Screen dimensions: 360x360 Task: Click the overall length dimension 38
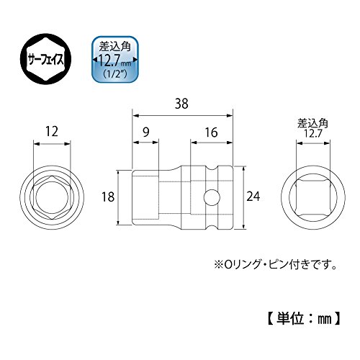181,104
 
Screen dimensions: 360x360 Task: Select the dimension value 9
146,132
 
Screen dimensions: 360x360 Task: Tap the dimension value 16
212,132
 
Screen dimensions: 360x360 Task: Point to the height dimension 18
108,197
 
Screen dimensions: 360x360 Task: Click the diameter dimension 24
253,197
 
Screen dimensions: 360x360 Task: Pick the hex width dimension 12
52,132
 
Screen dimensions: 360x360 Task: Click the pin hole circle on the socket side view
212,197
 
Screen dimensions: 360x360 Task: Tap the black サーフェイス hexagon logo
45,59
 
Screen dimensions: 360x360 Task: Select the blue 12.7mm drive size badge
115,59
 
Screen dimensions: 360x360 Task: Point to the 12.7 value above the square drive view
312,133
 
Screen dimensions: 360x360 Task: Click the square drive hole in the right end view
313,197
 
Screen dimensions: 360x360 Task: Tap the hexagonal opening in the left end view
52,197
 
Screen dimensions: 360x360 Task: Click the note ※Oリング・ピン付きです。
275,265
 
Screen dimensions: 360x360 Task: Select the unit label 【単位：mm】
304,318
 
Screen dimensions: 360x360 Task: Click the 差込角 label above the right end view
312,124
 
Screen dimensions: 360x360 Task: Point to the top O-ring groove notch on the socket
212,168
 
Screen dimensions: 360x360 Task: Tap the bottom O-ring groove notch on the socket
212,226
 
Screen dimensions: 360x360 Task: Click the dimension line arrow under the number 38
183,116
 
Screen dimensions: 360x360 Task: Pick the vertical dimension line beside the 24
243,197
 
